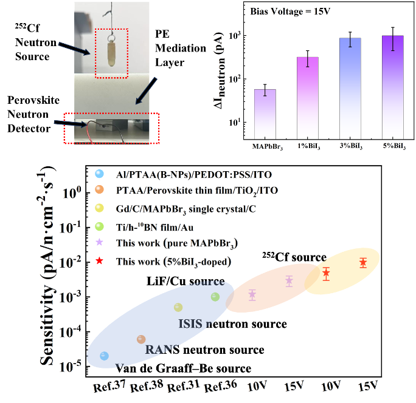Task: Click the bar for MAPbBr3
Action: pyautogui.click(x=265, y=112)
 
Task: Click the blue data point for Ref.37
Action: pyautogui.click(x=105, y=356)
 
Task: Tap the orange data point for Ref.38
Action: pyautogui.click(x=141, y=339)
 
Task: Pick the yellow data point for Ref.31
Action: pyautogui.click(x=178, y=307)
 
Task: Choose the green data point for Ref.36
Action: pyautogui.click(x=215, y=297)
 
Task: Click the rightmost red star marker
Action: pyautogui.click(x=363, y=263)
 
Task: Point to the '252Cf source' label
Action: pyautogui.click(x=295, y=256)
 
